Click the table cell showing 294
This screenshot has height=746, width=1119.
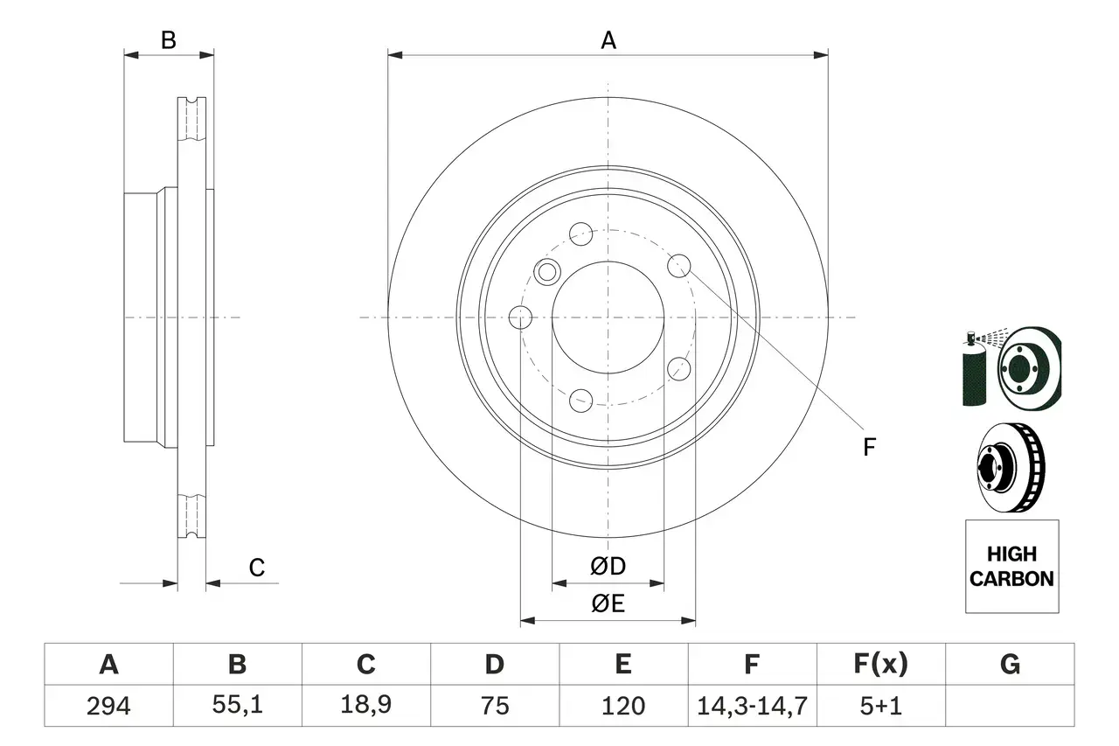pos(108,706)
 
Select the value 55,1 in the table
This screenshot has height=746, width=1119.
pos(237,706)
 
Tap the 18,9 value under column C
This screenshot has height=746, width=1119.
pos(365,706)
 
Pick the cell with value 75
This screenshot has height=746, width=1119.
pos(494,706)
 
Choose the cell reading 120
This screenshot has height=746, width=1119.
pos(622,706)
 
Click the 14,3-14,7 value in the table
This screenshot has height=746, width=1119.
pos(751,706)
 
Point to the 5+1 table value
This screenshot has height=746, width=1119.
pos(880,706)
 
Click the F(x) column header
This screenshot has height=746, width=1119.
pos(880,665)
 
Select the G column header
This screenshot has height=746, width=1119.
pos(1010,665)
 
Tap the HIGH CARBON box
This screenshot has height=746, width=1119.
pos(1011,566)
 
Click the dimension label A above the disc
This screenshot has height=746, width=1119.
pos(608,40)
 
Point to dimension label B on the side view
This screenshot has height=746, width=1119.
pos(169,40)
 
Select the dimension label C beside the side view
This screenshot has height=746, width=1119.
pos(256,568)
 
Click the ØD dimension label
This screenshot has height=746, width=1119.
pos(608,567)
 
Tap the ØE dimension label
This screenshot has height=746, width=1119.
pos(608,604)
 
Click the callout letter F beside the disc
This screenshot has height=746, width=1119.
pos(869,448)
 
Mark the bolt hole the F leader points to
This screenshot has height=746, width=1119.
pos(679,264)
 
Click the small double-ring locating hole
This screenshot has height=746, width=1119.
pos(547,270)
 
